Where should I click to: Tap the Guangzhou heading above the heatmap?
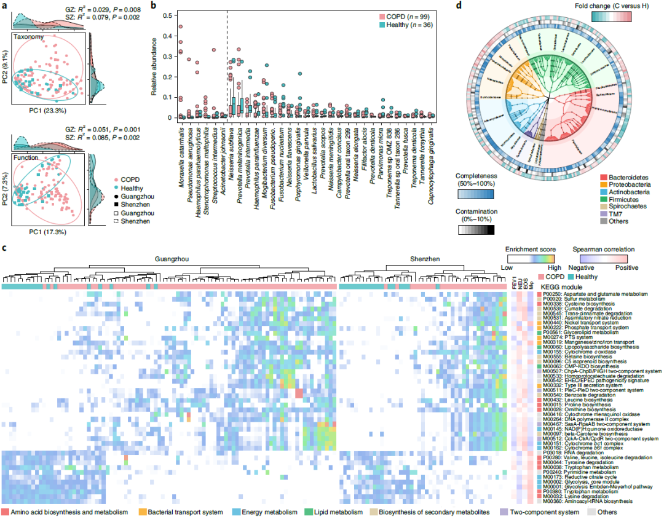(x=170, y=260)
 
